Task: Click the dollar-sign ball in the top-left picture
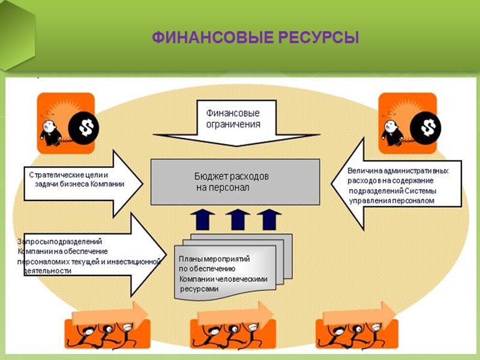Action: point(83,127)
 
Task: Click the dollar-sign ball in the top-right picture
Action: point(427,127)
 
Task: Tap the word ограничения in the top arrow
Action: point(233,125)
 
